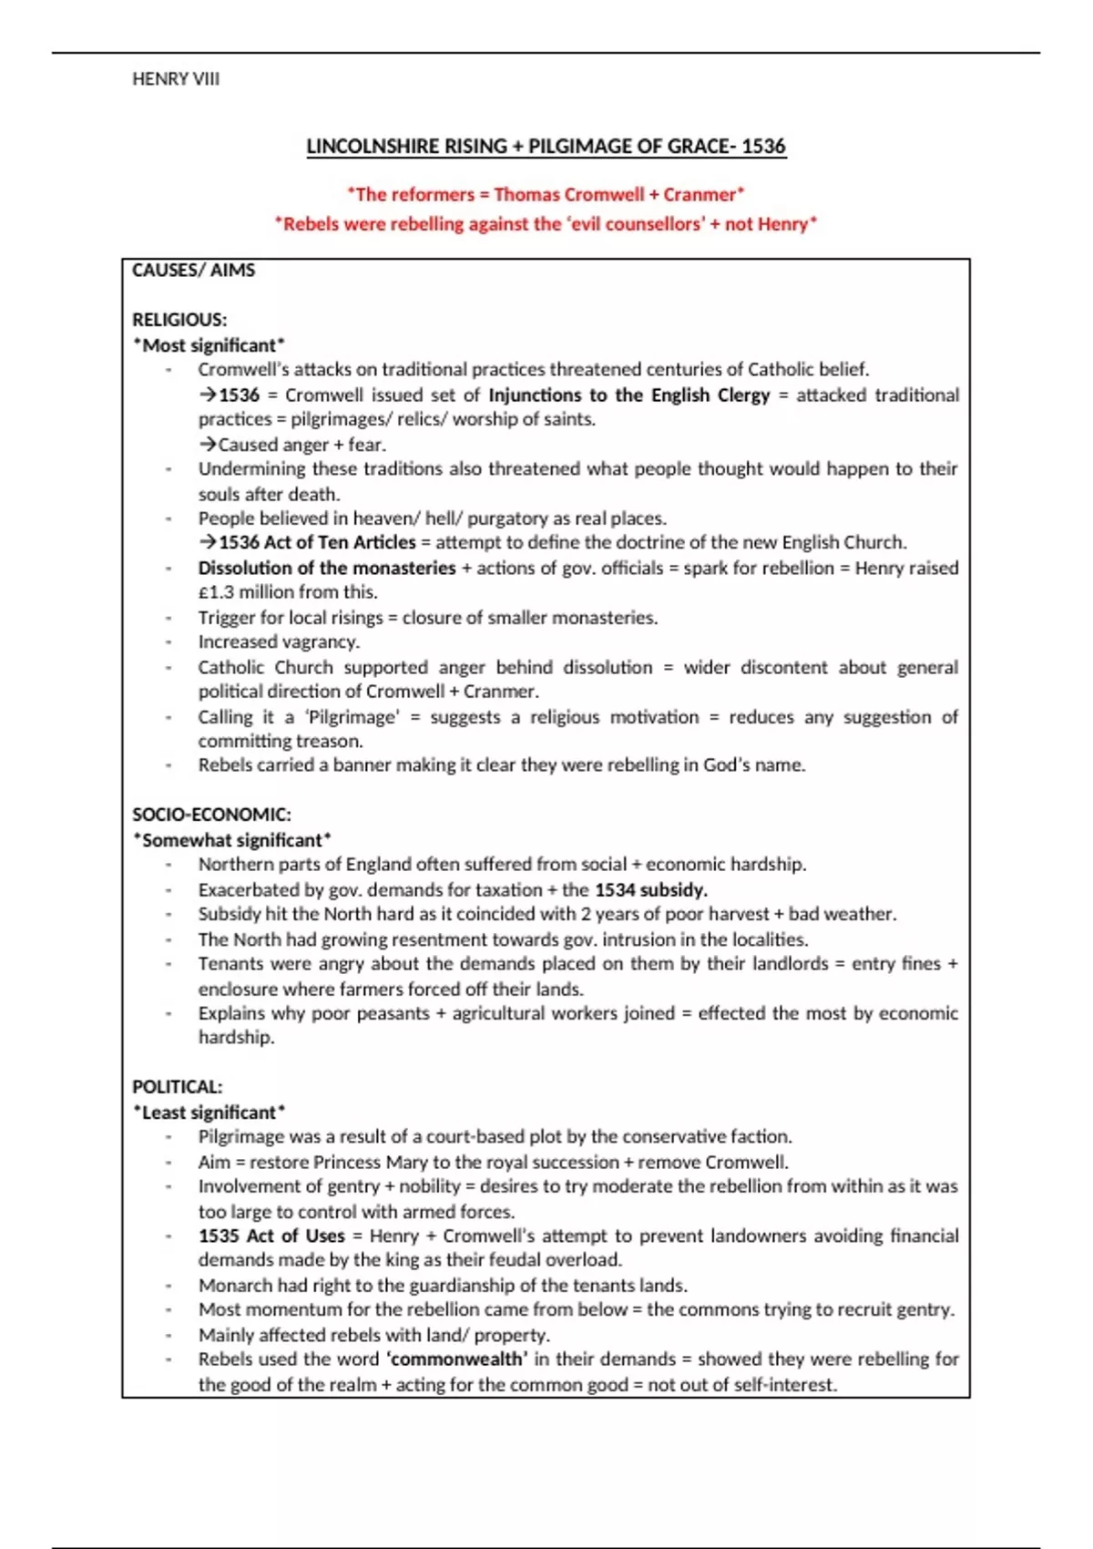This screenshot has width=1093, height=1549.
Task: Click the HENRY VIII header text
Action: point(176,79)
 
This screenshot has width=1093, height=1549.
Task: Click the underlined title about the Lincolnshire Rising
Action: point(546,147)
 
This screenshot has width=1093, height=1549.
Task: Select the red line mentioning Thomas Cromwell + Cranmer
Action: point(546,194)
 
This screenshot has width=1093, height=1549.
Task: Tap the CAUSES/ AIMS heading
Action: point(193,271)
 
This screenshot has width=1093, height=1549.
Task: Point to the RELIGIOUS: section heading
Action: point(179,320)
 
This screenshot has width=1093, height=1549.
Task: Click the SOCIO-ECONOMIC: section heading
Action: point(211,815)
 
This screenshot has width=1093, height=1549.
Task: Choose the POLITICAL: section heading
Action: point(177,1087)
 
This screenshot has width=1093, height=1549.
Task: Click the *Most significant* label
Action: point(209,345)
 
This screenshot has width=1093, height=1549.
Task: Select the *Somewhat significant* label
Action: point(231,840)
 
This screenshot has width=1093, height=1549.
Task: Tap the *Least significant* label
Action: point(209,1113)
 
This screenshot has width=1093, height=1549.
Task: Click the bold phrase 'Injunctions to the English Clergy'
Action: point(628,395)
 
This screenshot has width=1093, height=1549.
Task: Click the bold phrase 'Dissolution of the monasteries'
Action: point(327,569)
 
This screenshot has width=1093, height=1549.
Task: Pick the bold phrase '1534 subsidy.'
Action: point(650,890)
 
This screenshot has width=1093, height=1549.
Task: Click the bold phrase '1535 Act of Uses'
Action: point(271,1236)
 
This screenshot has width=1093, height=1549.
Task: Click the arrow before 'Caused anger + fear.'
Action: point(208,445)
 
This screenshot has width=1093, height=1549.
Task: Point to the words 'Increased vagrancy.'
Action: point(279,642)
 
